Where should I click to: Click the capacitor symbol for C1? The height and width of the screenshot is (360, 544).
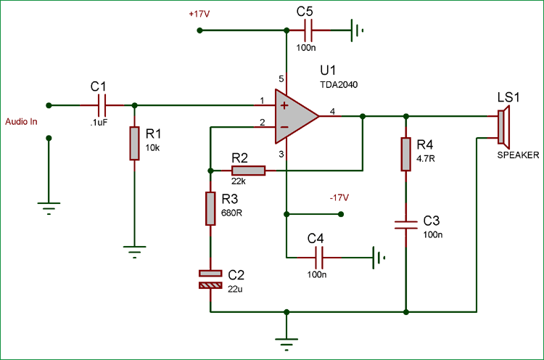click(102, 105)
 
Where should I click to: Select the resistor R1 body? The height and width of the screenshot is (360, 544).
click(134, 143)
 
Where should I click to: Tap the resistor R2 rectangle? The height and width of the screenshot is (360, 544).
click(248, 171)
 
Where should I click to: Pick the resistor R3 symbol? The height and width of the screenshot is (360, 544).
click(210, 208)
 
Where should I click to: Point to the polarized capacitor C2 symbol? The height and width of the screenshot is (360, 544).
click(210, 279)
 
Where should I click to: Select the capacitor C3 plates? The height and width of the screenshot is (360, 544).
click(406, 224)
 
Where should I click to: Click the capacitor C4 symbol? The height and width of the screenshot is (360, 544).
click(319, 256)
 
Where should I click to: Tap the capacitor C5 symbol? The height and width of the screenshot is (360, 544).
click(309, 30)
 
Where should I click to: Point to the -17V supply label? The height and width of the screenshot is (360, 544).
click(339, 197)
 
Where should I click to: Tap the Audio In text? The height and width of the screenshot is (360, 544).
click(21, 121)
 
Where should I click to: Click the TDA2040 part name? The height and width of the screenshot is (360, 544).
click(339, 85)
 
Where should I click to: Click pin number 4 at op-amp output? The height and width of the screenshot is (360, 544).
click(331, 111)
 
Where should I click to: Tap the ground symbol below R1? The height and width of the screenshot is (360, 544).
click(134, 252)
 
